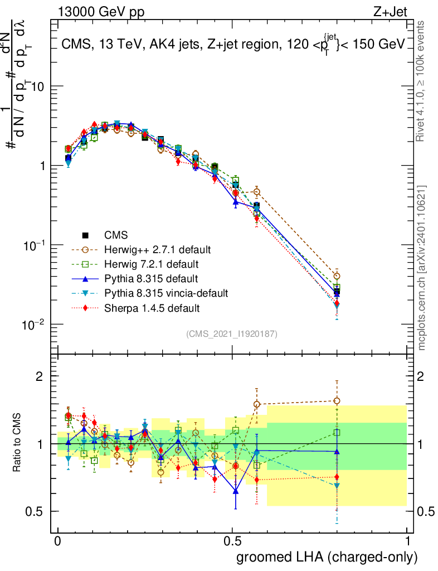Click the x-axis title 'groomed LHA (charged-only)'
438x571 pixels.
coord(327,557)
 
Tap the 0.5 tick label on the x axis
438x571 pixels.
coord(232,541)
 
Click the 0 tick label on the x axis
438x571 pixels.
coord(57,541)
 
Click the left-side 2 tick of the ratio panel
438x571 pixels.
coord(40,377)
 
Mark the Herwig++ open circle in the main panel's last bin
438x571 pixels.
coord(336,276)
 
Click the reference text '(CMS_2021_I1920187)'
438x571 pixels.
coord(232,334)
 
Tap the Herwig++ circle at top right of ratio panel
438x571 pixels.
coord(336,401)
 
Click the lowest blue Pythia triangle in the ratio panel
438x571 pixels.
coord(236,491)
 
